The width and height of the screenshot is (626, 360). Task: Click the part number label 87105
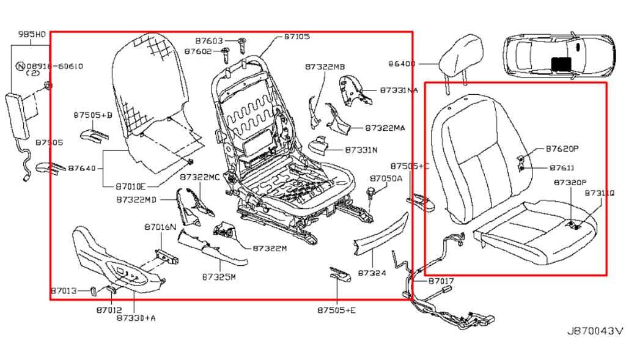(x=296, y=37)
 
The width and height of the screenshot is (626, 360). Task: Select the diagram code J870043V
(x=595, y=331)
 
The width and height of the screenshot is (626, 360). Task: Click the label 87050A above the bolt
(x=386, y=178)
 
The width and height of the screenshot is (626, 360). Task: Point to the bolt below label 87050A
(x=371, y=194)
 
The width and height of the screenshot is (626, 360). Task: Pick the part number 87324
(x=372, y=273)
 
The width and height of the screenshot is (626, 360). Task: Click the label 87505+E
(x=336, y=310)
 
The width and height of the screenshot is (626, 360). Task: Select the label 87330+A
(x=136, y=317)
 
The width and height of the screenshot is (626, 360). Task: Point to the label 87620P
(x=562, y=149)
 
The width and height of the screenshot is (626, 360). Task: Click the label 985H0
(x=32, y=34)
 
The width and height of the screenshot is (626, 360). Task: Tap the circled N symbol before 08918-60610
(x=20, y=66)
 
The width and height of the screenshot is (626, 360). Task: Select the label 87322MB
(x=325, y=66)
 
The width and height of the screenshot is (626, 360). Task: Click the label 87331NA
(x=399, y=90)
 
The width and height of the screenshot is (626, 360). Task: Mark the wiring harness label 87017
(x=441, y=281)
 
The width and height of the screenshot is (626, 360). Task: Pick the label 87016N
(x=160, y=227)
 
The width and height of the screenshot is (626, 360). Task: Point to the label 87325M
(x=218, y=276)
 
